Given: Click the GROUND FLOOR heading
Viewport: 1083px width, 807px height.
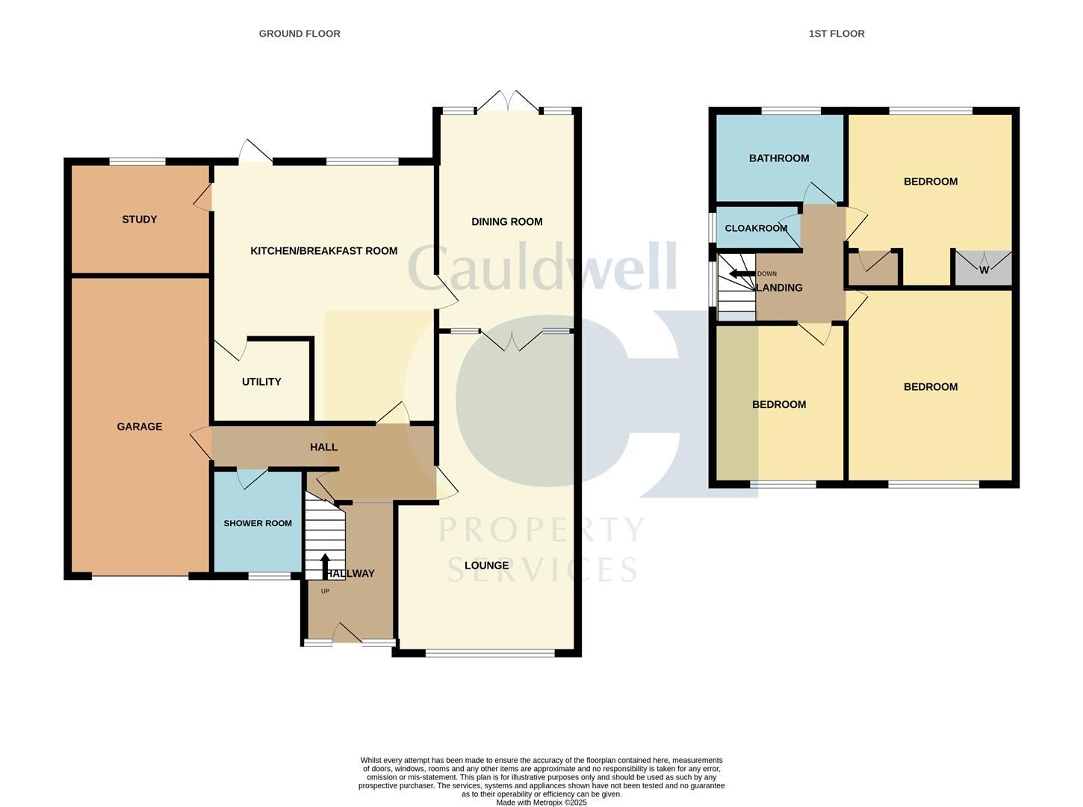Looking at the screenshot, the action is click(300, 34).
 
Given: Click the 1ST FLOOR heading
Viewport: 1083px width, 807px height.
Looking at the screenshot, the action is click(837, 34).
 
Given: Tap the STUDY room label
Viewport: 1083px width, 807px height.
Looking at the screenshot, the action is click(140, 220).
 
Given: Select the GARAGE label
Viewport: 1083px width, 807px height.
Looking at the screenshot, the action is click(140, 427).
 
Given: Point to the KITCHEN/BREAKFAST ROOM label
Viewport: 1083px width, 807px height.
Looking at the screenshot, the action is click(323, 251).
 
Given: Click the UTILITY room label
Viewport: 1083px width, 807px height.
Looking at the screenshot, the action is click(261, 382).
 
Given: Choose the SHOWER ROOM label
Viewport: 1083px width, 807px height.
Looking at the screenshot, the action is click(258, 523).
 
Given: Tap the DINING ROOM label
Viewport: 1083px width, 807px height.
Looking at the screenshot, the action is click(507, 222).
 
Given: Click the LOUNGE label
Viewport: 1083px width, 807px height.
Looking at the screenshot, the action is click(486, 565).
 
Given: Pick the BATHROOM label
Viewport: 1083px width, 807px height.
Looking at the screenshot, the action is click(779, 158).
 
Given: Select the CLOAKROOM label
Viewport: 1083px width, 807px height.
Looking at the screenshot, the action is click(756, 228).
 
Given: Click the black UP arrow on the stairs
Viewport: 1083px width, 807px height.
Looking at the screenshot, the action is click(325, 566).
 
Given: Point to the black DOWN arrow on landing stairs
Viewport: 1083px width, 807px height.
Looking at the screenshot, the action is click(742, 273).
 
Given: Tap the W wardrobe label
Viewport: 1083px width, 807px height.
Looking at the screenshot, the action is click(984, 270).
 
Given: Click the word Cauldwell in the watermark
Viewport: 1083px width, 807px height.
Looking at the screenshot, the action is click(542, 266).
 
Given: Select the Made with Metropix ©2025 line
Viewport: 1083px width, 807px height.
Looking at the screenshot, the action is click(541, 802).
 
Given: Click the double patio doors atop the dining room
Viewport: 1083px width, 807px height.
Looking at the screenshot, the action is click(509, 101).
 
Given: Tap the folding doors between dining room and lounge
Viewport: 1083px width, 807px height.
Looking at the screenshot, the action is click(511, 341).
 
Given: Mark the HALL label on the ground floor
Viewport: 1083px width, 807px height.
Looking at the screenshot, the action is click(323, 447).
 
